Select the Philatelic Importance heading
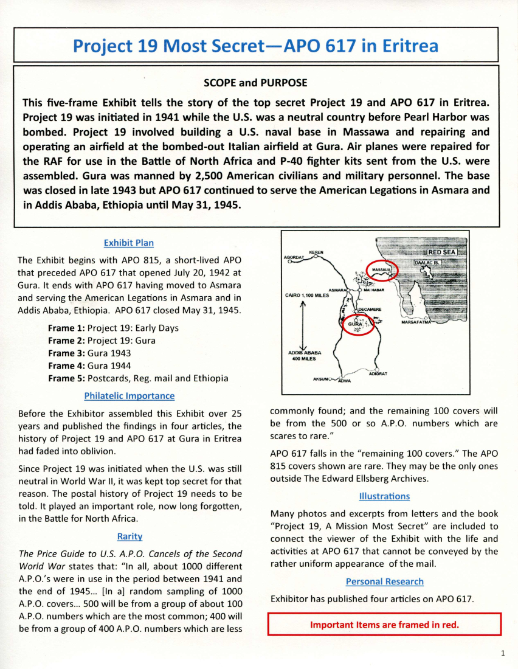coord(129,396)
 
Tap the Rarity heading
coord(129,536)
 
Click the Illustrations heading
coord(384,496)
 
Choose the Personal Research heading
coord(384,581)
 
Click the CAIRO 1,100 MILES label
coord(306,296)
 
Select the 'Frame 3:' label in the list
coord(66,353)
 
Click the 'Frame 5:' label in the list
coord(66,378)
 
